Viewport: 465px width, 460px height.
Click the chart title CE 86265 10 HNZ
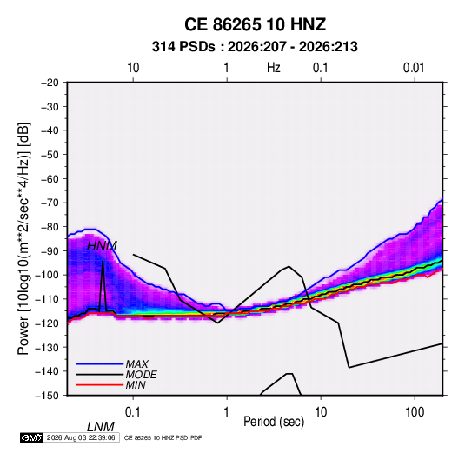click(255, 24)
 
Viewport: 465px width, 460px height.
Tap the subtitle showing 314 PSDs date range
click(255, 47)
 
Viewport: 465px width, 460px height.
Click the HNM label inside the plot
click(102, 246)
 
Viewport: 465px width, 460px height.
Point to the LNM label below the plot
click(100, 427)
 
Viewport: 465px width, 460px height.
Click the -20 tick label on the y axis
click(50, 83)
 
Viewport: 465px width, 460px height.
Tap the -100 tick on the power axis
click(47, 275)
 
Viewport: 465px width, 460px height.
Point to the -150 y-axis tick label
click(47, 396)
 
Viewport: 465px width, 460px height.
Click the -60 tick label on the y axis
click(50, 179)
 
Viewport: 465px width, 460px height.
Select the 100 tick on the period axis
click(415, 412)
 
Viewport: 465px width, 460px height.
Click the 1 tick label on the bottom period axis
click(227, 412)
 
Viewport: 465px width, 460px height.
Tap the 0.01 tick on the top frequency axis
click(414, 68)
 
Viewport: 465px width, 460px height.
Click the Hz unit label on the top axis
click(274, 68)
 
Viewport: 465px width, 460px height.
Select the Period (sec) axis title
click(274, 422)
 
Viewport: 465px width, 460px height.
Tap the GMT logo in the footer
click(31, 437)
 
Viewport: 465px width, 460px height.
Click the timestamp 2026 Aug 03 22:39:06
click(81, 437)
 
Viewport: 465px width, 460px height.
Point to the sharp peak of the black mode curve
click(103, 261)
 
